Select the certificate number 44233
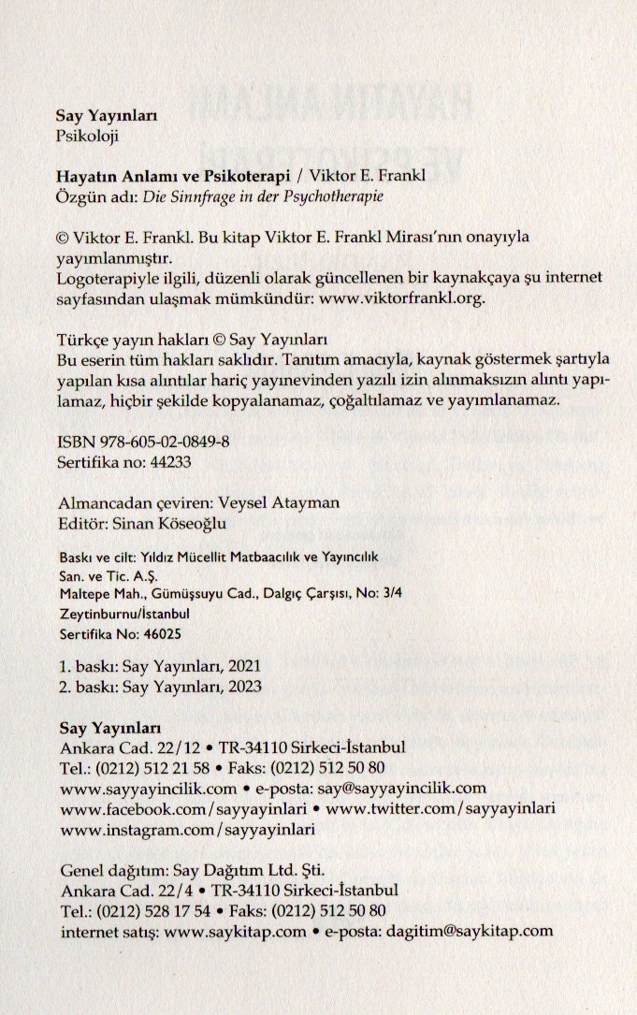point(165,461)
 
